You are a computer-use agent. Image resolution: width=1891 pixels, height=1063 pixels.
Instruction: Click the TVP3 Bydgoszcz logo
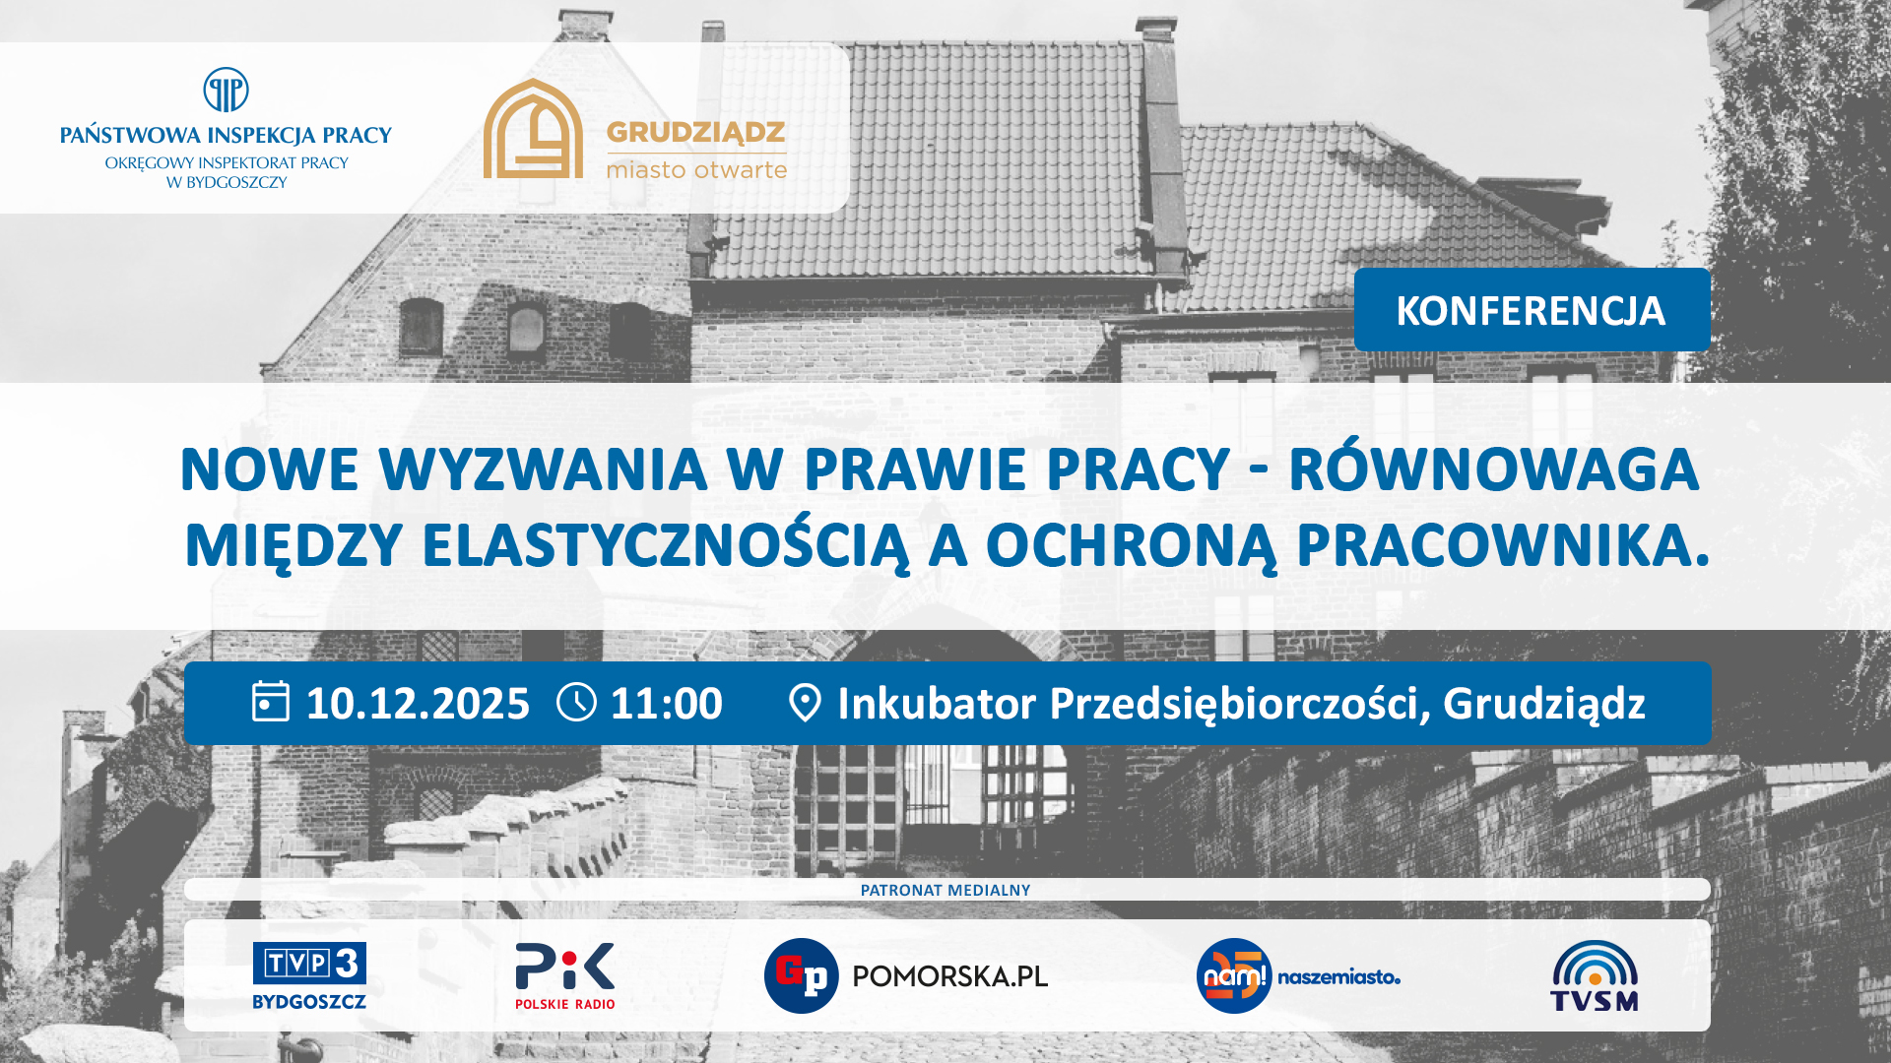click(309, 975)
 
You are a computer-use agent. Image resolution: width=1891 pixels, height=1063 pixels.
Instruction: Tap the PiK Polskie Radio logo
click(565, 975)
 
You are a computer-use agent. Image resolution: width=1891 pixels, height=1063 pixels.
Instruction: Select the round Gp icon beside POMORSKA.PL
click(802, 975)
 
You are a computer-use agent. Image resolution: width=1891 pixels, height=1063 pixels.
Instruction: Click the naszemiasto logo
click(1298, 975)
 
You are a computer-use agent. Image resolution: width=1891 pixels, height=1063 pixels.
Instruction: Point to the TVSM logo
click(1595, 975)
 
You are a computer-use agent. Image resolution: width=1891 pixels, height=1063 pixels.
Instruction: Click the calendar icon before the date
click(271, 702)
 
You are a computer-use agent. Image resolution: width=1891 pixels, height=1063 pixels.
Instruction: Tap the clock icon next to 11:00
click(576, 703)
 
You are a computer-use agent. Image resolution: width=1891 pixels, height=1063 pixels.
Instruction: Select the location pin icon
click(805, 703)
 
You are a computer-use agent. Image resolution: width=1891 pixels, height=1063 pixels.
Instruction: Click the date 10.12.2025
click(418, 704)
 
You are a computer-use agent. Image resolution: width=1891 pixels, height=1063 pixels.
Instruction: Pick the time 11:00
click(667, 704)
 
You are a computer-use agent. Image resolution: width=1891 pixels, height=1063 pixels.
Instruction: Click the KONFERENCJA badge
click(1532, 310)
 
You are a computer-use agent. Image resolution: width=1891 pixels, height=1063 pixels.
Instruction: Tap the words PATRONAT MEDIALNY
click(945, 890)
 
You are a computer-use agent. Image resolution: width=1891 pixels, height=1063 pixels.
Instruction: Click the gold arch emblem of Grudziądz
click(533, 129)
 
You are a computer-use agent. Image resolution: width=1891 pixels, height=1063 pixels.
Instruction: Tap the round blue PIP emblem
click(226, 91)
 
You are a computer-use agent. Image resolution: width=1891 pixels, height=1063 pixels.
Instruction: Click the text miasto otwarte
click(696, 169)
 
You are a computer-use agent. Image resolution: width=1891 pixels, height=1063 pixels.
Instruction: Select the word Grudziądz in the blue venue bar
click(1544, 705)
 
